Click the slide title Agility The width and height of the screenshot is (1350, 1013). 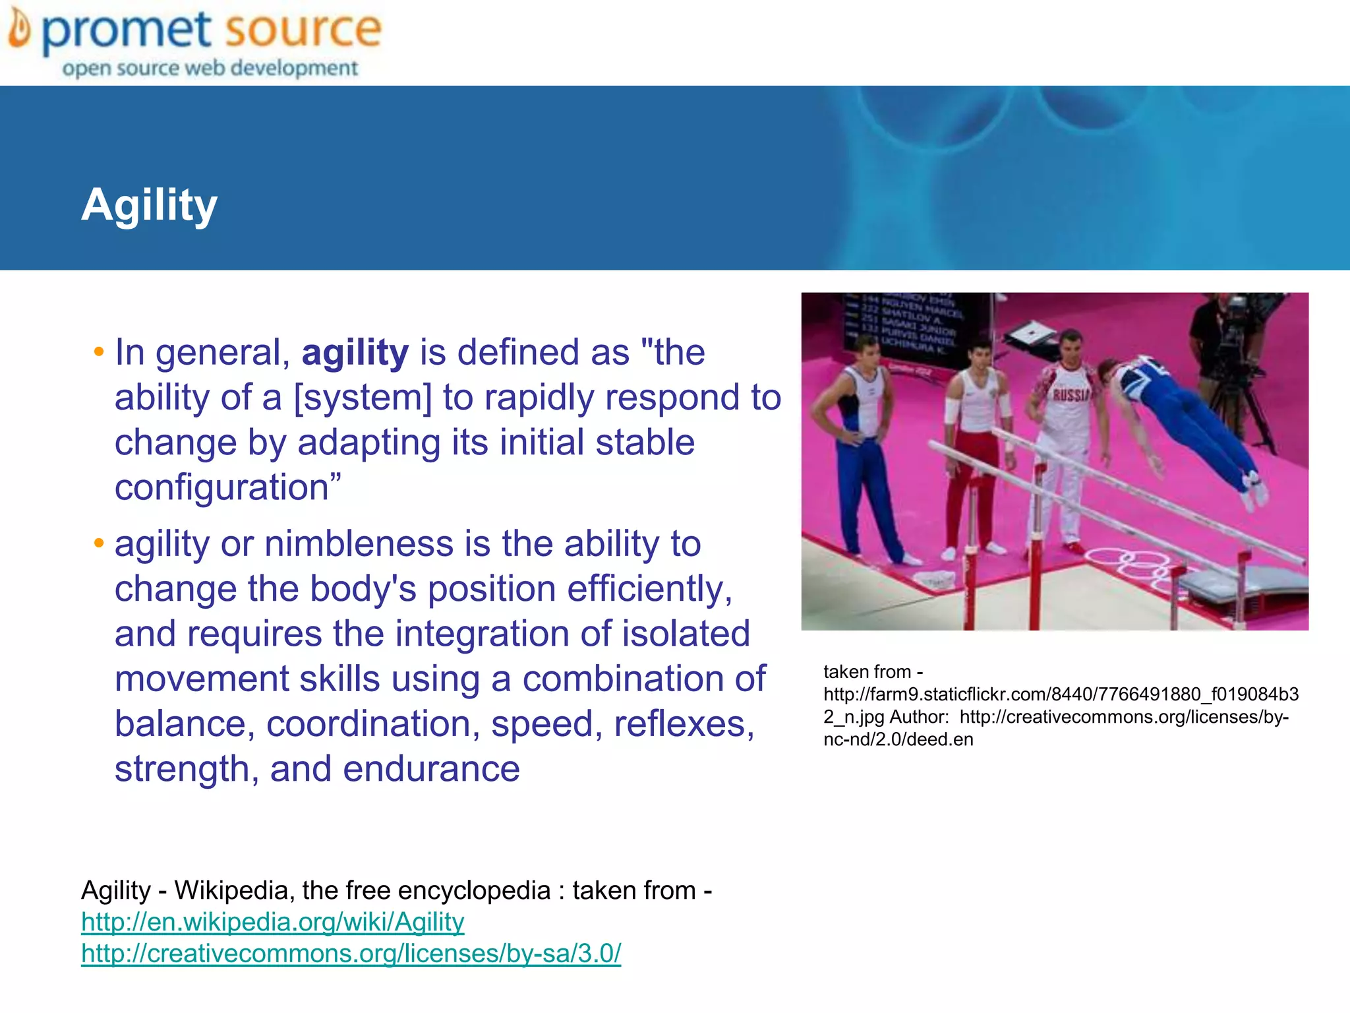(149, 205)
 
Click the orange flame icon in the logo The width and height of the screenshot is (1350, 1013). (20, 31)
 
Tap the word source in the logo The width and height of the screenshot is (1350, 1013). (303, 30)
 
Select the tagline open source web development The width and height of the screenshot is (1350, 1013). (210, 68)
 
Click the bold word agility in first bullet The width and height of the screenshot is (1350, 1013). (355, 352)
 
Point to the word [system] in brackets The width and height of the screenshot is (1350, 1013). (363, 398)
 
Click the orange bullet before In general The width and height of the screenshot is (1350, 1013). (99, 352)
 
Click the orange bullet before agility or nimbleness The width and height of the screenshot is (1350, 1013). (99, 544)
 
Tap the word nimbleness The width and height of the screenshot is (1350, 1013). (359, 544)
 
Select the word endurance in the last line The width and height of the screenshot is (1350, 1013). (431, 769)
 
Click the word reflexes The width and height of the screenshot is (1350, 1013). (684, 724)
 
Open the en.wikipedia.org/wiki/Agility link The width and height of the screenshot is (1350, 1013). (272, 922)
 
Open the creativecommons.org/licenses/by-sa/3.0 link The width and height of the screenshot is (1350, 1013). (351, 954)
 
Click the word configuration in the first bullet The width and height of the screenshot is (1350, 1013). (221, 488)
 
